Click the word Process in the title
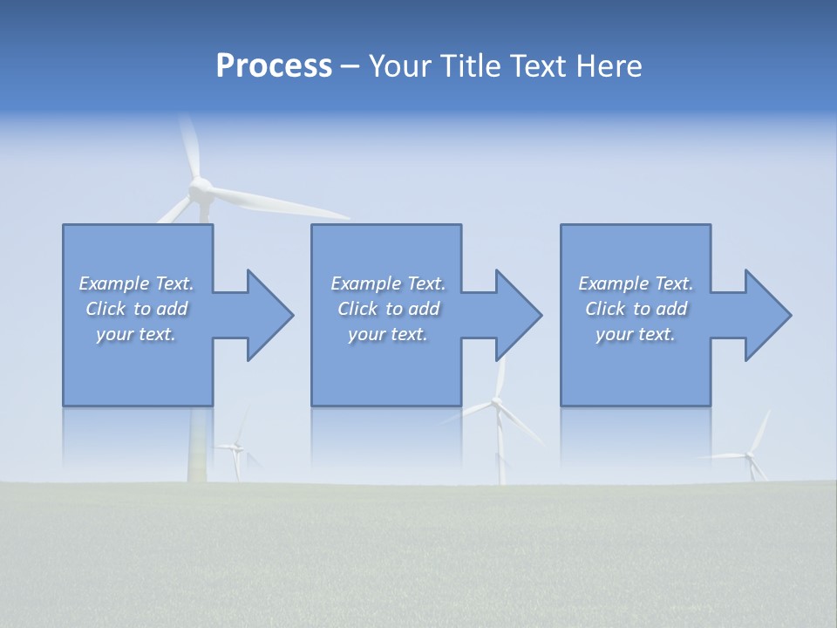point(274,66)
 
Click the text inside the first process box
point(136,309)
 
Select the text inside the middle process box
point(387,309)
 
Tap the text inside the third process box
point(636,309)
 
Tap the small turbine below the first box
point(235,448)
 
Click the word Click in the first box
point(105,309)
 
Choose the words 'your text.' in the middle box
point(387,334)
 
